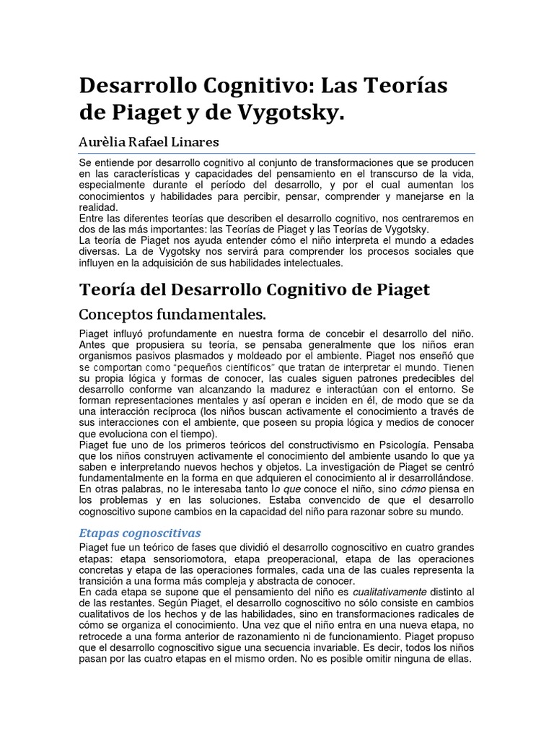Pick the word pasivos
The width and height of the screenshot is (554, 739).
pyautogui.click(x=154, y=356)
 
